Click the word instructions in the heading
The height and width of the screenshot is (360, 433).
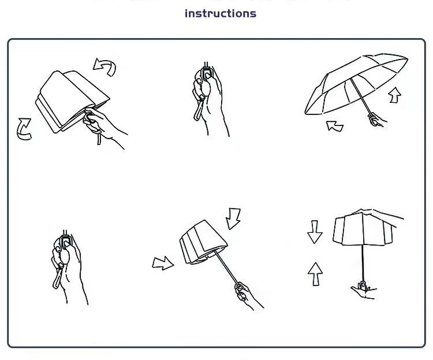tap(221, 13)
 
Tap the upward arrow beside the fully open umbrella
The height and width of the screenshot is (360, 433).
tap(395, 95)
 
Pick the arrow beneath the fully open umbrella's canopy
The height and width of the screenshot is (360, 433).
tap(335, 126)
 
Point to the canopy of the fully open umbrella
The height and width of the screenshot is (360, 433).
tap(356, 83)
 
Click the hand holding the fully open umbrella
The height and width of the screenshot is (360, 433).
tap(376, 120)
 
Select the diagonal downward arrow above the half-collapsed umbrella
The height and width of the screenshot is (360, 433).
tap(233, 218)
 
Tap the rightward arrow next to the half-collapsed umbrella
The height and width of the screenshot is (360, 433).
tap(163, 263)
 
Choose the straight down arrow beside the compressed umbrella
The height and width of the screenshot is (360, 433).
tap(315, 232)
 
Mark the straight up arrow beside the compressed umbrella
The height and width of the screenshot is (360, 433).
tap(315, 274)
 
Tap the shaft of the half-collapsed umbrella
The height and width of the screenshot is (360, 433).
tap(226, 268)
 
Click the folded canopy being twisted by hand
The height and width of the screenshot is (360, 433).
tap(72, 101)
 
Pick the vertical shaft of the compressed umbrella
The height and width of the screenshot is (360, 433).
tap(363, 263)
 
